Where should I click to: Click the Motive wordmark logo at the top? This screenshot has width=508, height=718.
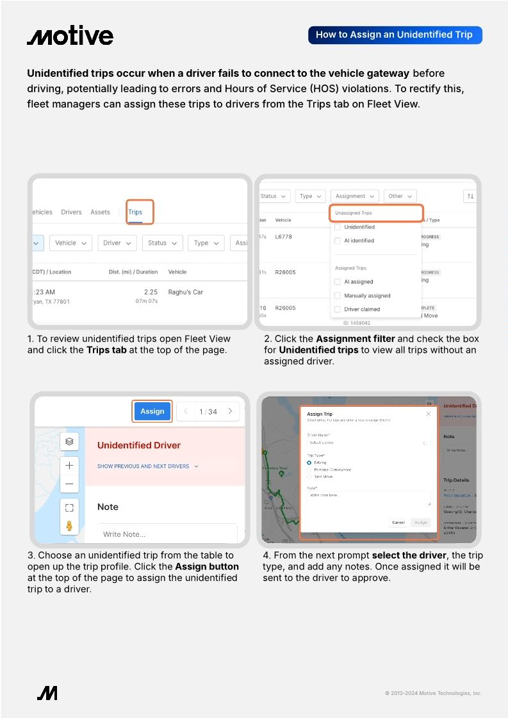pyautogui.click(x=70, y=36)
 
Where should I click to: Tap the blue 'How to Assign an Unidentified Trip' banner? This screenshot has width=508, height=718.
pyautogui.click(x=395, y=35)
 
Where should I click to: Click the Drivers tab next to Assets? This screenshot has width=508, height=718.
pyautogui.click(x=71, y=212)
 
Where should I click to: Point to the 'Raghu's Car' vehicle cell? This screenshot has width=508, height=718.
pyautogui.click(x=185, y=292)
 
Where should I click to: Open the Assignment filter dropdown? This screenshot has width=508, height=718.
pyautogui.click(x=355, y=196)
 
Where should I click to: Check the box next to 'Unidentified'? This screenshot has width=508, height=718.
pyautogui.click(x=338, y=227)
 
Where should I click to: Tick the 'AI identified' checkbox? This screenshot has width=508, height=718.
pyautogui.click(x=338, y=241)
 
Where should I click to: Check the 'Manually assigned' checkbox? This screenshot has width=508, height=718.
pyautogui.click(x=338, y=295)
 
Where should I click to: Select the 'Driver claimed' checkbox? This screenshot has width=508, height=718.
pyautogui.click(x=338, y=309)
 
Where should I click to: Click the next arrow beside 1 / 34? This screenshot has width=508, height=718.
pyautogui.click(x=230, y=411)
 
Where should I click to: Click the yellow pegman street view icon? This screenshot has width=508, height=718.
pyautogui.click(x=69, y=526)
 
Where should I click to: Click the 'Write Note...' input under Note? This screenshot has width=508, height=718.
pyautogui.click(x=167, y=534)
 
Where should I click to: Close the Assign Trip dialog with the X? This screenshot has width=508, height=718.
pyautogui.click(x=429, y=414)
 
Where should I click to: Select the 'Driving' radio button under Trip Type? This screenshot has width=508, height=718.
pyautogui.click(x=309, y=462)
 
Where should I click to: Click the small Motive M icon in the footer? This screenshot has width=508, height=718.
pyautogui.click(x=47, y=692)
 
